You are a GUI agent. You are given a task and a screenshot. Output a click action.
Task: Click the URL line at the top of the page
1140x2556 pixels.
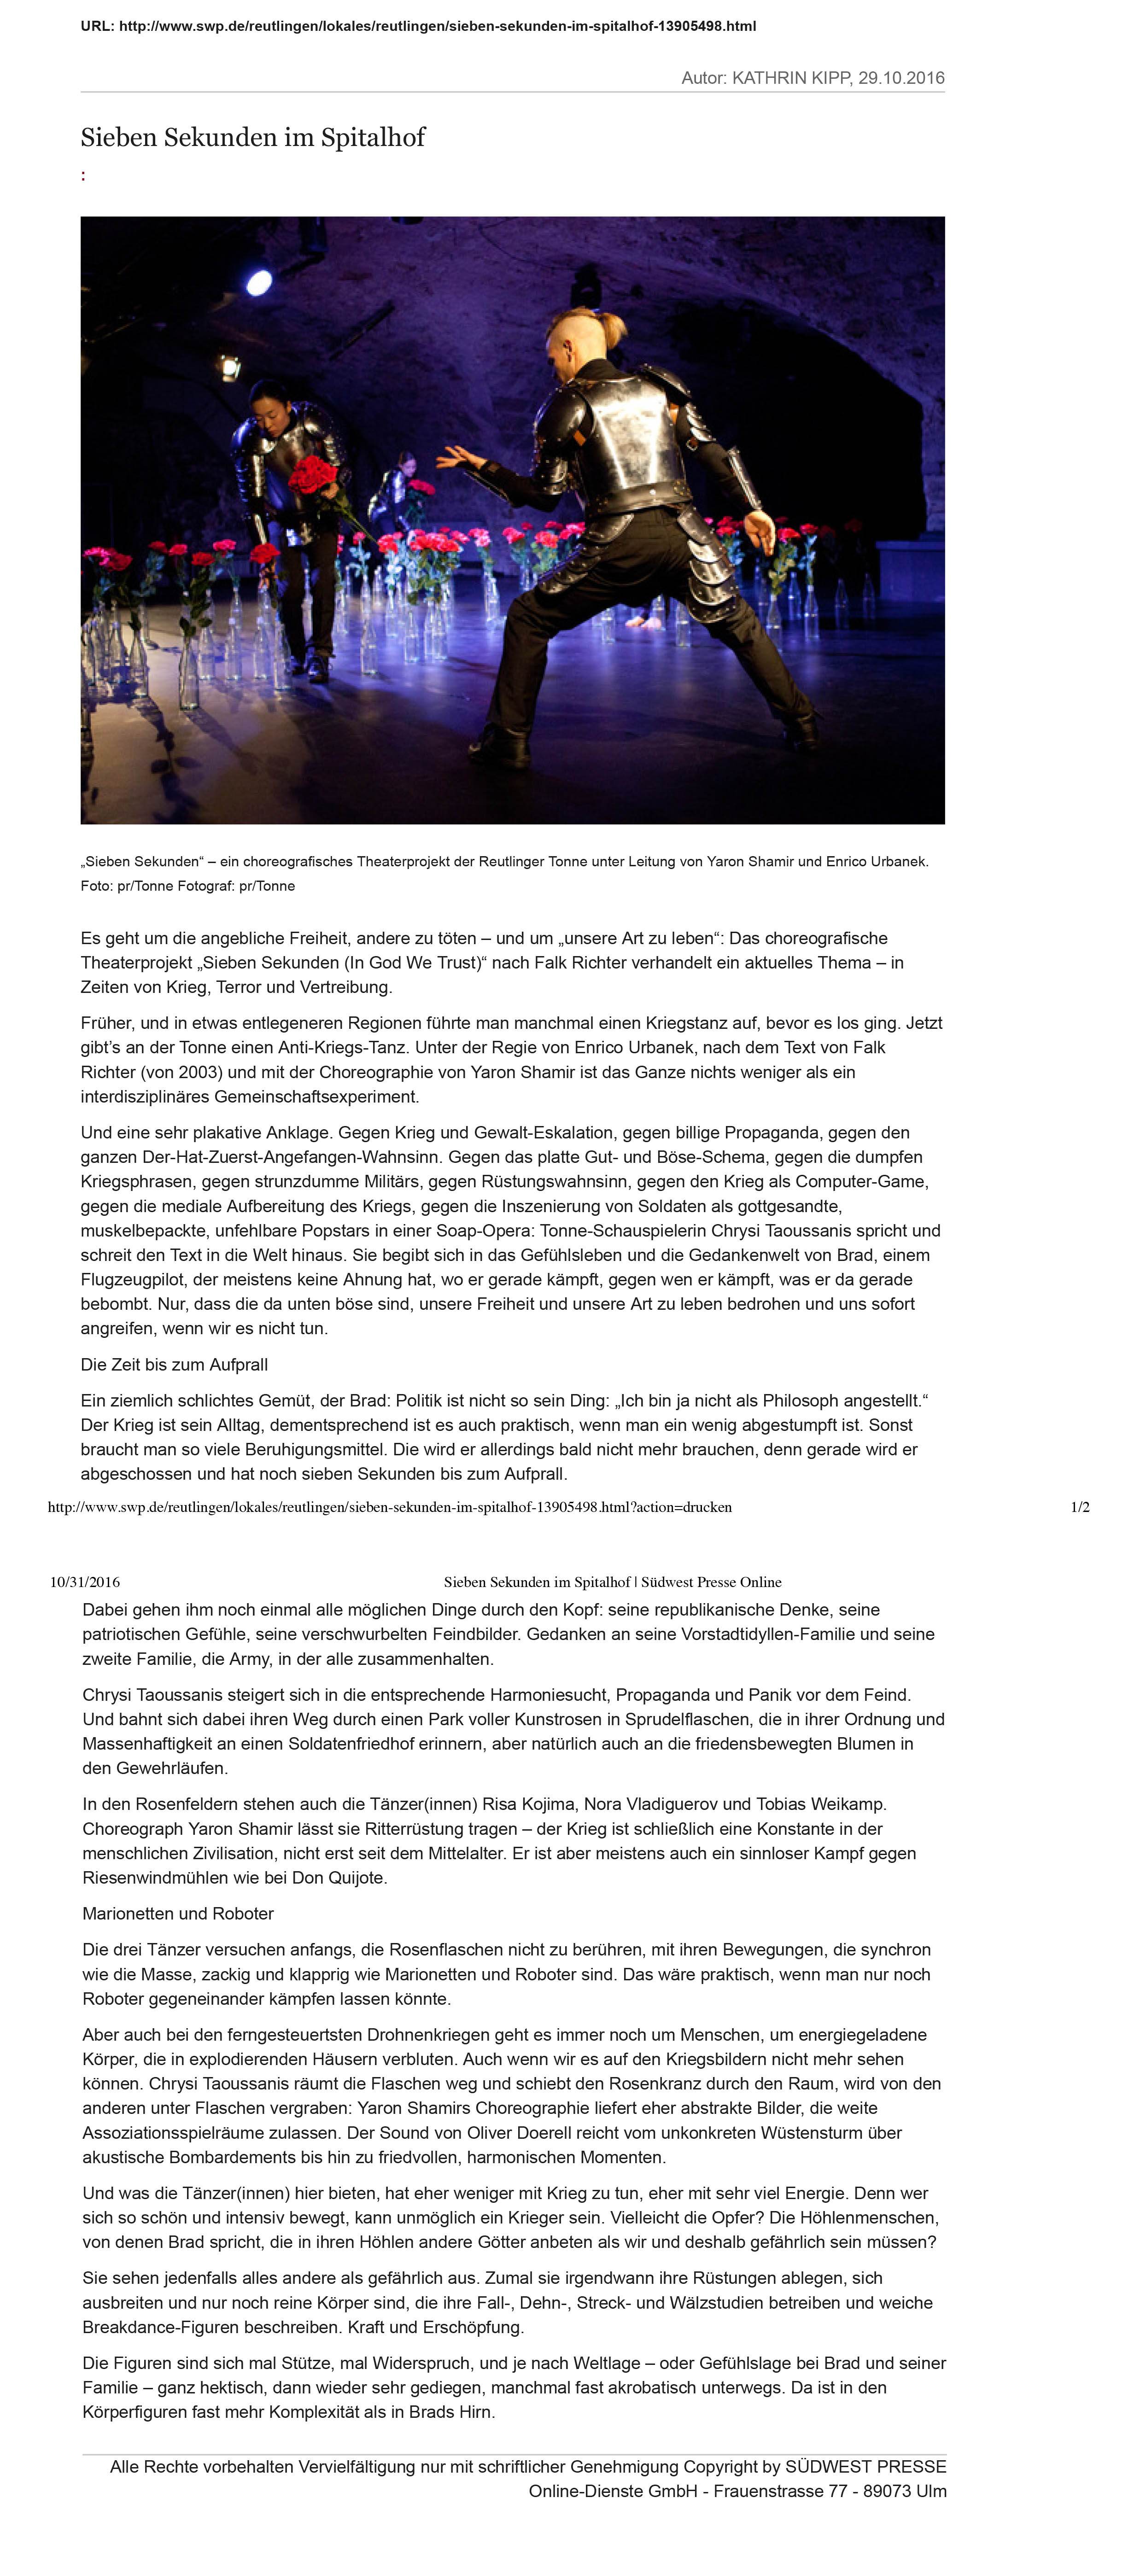coord(418,26)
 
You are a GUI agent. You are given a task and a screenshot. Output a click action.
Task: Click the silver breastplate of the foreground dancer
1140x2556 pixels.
coord(622,428)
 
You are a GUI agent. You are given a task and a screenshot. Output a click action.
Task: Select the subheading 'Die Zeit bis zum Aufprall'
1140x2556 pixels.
coord(174,1364)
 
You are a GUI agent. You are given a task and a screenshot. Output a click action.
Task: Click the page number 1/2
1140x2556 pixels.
coord(1080,1507)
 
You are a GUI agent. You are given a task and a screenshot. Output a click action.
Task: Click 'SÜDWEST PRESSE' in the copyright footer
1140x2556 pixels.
coord(865,2467)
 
